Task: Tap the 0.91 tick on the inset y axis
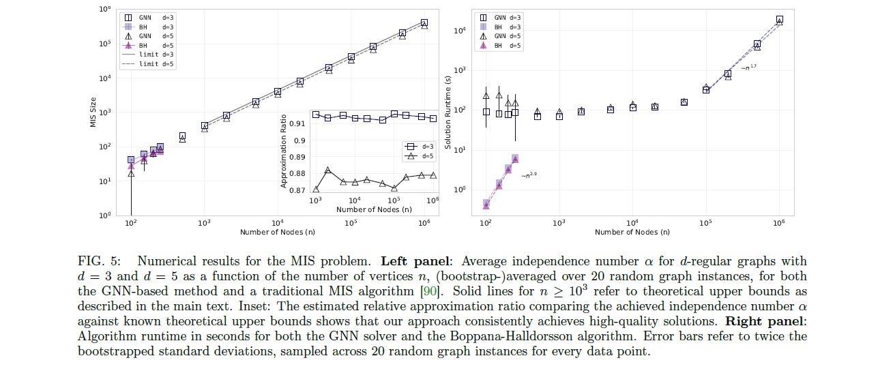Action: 299,124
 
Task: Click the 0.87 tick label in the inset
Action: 299,190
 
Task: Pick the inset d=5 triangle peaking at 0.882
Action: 328,170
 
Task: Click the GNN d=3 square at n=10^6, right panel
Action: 779,20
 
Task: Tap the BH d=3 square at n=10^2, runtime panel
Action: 486,203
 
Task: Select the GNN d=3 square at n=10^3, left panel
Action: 205,125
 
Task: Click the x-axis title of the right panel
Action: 632,232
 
